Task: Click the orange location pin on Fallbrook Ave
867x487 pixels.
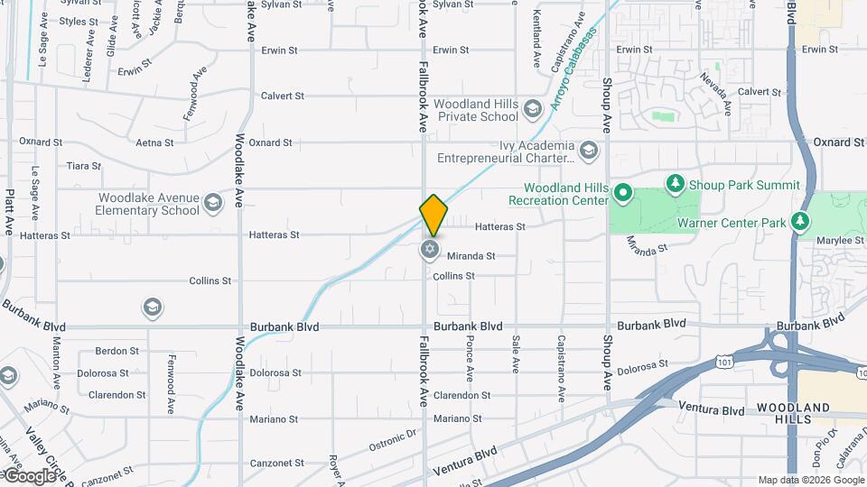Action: point(433,216)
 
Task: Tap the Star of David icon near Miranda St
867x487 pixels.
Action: point(430,250)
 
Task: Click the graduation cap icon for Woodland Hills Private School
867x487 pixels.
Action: point(533,109)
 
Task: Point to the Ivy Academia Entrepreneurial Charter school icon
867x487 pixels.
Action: point(590,150)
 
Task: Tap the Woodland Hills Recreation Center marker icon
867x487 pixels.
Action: point(622,192)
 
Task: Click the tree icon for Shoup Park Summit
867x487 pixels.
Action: point(675,185)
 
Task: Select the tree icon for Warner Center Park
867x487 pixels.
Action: point(798,221)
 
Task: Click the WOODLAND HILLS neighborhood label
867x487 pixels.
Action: point(793,415)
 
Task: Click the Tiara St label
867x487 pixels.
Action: point(84,166)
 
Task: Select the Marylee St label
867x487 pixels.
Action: point(835,241)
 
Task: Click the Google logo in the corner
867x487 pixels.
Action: point(31,475)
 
